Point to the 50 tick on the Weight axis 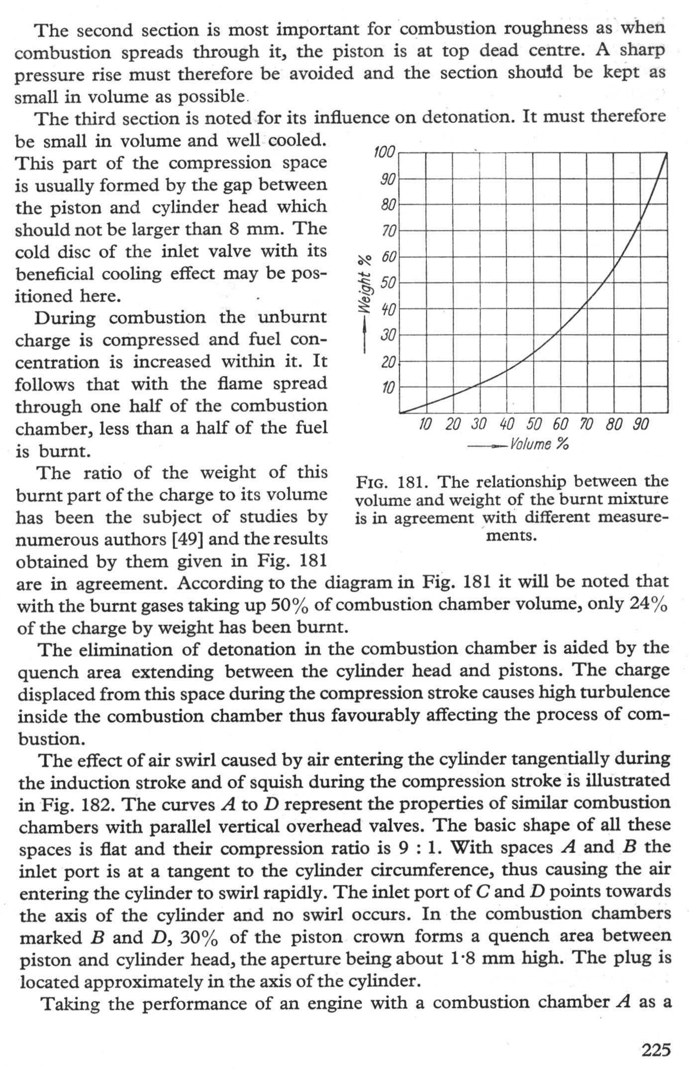click(x=387, y=283)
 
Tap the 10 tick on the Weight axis click(x=388, y=387)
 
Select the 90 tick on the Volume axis click(x=641, y=425)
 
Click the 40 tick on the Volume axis click(x=506, y=425)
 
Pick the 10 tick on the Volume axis click(x=425, y=425)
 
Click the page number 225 click(x=656, y=1050)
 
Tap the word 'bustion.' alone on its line click(x=51, y=739)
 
